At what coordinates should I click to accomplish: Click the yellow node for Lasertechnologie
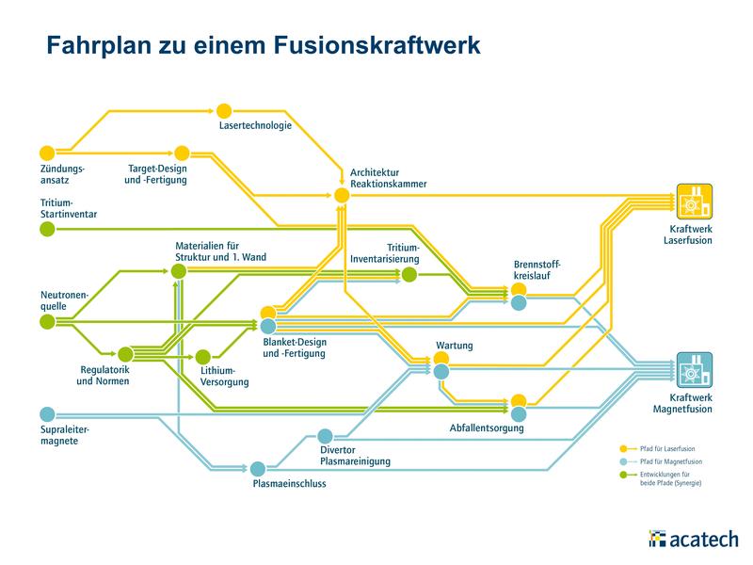click(224, 111)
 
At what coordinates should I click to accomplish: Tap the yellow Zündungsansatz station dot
click(47, 153)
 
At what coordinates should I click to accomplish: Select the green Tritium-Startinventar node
click(47, 229)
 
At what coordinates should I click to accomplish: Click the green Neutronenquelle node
click(47, 322)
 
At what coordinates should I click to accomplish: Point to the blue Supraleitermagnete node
click(47, 413)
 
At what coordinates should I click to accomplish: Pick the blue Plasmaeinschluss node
click(257, 468)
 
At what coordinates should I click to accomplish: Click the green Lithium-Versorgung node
click(202, 357)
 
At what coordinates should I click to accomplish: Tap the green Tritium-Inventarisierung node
click(409, 275)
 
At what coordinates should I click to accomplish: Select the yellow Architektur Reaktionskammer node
click(341, 195)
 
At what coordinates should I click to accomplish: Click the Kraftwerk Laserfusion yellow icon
click(695, 201)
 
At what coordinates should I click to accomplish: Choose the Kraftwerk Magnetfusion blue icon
click(695, 369)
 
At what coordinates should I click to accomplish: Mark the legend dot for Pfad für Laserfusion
click(623, 448)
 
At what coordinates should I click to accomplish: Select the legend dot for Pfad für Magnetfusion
click(623, 462)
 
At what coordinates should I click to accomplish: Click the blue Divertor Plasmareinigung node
click(326, 435)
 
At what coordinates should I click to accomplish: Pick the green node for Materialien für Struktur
click(178, 271)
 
